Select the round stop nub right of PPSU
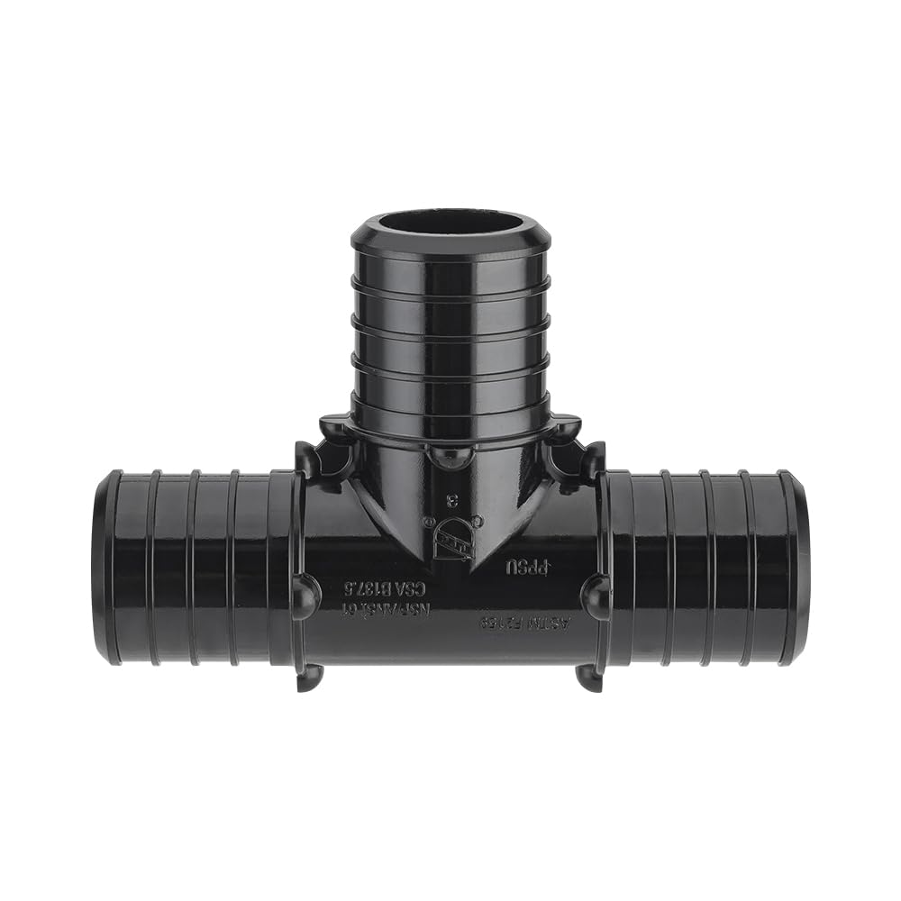tap(594, 596)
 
